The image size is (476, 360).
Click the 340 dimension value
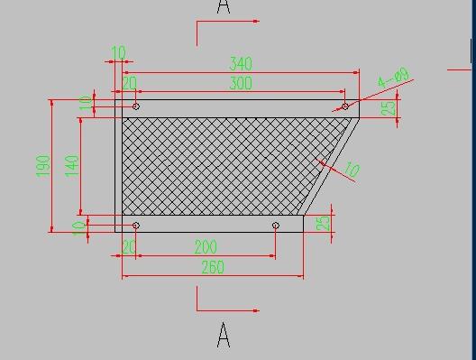241,64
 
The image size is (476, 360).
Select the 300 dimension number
241,84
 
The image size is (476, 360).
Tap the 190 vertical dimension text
42,166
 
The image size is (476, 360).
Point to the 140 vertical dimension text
72,165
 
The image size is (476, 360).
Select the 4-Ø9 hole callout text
394,78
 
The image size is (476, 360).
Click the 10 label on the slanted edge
352,170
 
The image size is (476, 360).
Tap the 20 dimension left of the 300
129,84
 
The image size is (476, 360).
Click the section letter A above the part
224,8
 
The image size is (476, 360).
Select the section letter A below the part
224,337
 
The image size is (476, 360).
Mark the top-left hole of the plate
136,106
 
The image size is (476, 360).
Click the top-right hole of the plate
345,106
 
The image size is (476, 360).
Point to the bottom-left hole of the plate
136,226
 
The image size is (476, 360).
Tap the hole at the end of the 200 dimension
276,226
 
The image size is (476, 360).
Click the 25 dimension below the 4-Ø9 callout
389,108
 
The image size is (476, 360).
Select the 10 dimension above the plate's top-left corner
118,53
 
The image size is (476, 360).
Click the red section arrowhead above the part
256,21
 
